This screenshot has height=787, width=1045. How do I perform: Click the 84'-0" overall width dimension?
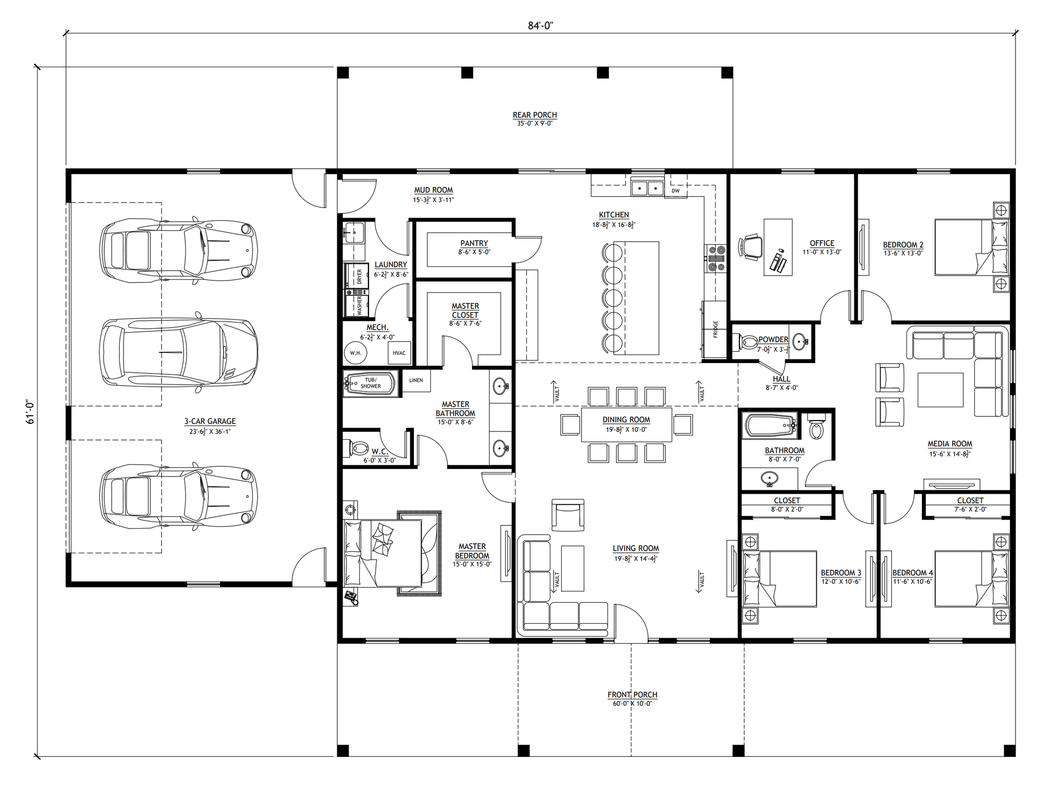click(x=540, y=26)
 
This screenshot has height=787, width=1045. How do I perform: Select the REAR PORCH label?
click(x=535, y=115)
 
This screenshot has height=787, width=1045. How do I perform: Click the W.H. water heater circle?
click(x=355, y=353)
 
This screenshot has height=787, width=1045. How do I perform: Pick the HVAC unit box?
click(x=399, y=353)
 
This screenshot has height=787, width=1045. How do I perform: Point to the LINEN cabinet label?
click(x=416, y=380)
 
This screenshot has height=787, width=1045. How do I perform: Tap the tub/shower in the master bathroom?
click(x=371, y=384)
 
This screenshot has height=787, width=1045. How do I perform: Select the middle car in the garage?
click(x=179, y=353)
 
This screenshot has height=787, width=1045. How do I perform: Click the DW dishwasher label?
click(x=676, y=191)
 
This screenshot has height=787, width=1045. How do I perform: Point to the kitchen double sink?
click(x=647, y=188)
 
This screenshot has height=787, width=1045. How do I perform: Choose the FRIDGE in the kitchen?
click(x=714, y=329)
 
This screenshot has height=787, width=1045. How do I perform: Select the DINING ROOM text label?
click(x=626, y=420)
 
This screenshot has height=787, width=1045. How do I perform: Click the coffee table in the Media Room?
click(x=940, y=390)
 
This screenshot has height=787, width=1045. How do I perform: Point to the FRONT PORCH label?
click(x=633, y=695)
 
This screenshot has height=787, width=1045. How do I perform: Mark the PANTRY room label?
click(x=474, y=243)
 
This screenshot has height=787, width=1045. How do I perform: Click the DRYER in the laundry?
click(x=356, y=276)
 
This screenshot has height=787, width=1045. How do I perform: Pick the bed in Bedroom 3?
click(x=779, y=579)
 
